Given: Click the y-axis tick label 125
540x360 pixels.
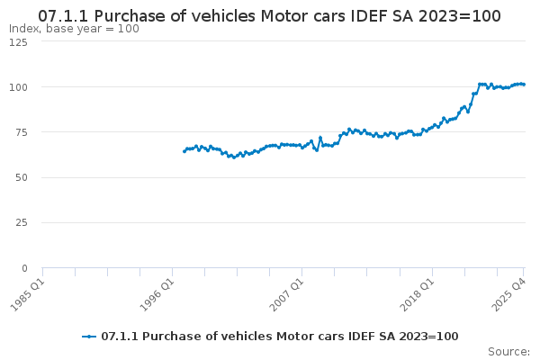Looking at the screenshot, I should [x=18, y=43].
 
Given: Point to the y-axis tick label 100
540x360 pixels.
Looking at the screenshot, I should [x=18, y=87].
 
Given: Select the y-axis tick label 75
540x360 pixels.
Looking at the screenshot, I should [x=21, y=132].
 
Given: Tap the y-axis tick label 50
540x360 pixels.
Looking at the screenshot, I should [x=21, y=177].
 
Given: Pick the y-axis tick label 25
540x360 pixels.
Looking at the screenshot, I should [x=21, y=222].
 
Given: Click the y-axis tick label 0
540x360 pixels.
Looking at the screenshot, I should [x=24, y=268].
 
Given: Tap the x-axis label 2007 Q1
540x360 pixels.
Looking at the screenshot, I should [x=287, y=293].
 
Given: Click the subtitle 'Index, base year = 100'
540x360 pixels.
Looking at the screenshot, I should [x=74, y=29].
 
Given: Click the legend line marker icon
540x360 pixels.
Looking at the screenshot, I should [x=89, y=337].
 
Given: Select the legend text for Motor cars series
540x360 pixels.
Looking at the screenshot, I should [x=280, y=337].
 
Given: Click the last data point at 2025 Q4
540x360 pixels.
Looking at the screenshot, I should [x=524, y=85].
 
